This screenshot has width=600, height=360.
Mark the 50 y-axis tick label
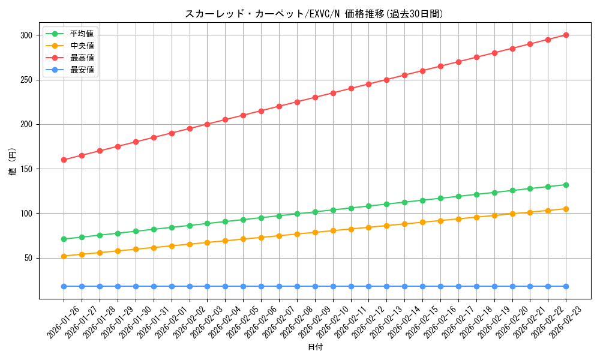coord(28,258)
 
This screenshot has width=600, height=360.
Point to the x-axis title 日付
coord(315,347)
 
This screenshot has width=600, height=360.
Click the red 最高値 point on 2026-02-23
coord(566,35)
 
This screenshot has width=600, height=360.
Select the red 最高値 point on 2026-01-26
coord(64,160)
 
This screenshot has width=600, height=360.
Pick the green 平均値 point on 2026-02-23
coord(566,185)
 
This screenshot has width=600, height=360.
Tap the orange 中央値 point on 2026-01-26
coord(64,256)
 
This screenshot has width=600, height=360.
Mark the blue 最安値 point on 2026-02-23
coord(566,286)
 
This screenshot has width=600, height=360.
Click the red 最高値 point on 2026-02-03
coord(207,124)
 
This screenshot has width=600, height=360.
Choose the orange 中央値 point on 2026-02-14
coord(404,224)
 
